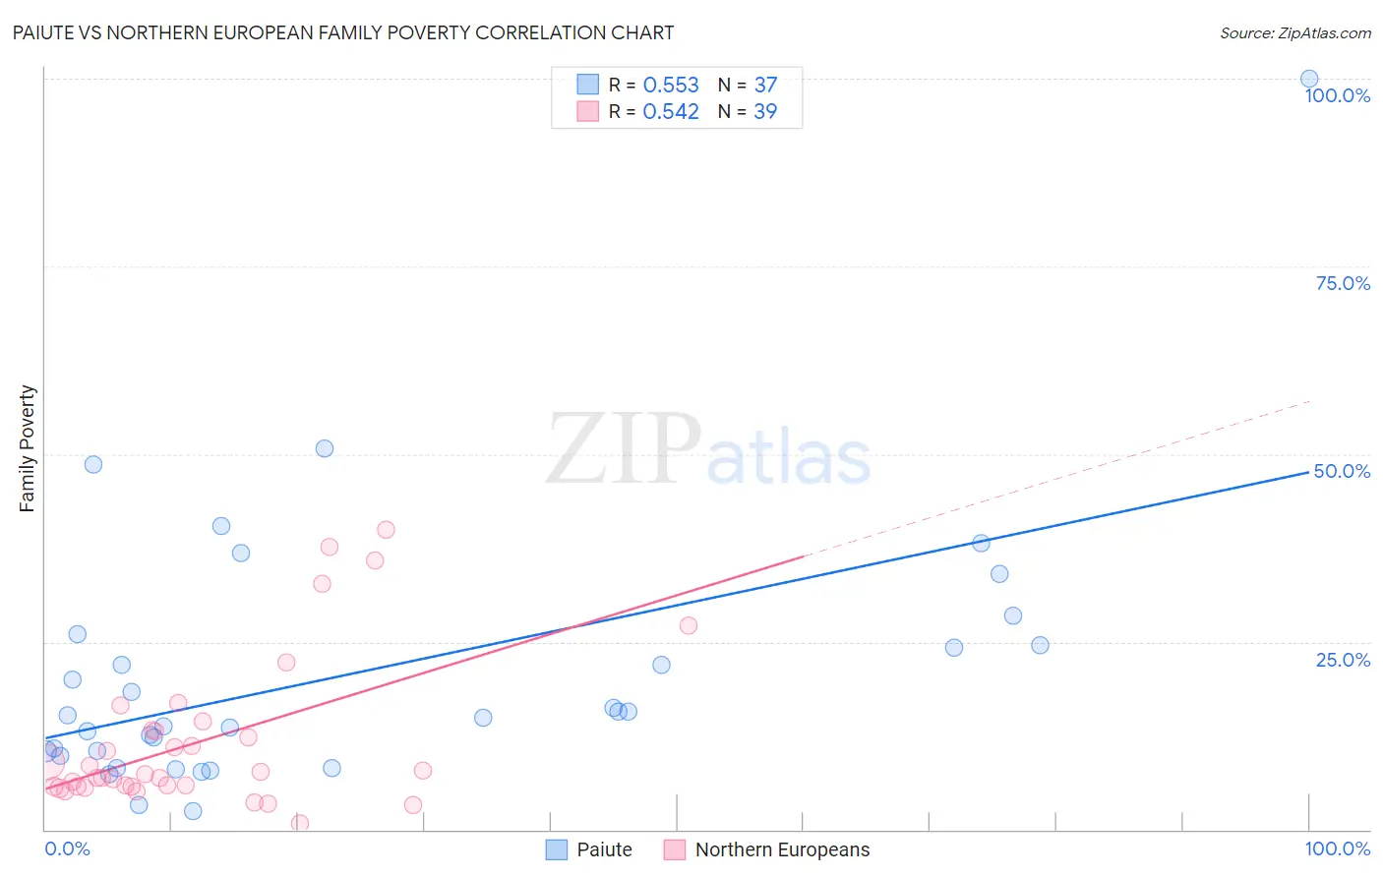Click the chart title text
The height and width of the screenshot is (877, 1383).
coord(343,32)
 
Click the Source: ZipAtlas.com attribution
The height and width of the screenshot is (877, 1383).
coord(1294,32)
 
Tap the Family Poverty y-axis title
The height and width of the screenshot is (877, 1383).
coord(28,448)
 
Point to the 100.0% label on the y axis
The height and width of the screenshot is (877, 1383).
coord(1337,95)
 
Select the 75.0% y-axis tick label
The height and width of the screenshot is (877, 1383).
coord(1343,283)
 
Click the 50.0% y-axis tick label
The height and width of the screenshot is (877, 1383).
coord(1342,471)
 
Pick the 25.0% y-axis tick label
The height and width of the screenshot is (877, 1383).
coord(1343,660)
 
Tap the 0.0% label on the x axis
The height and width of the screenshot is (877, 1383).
coord(67,848)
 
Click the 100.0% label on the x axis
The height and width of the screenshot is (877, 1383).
coord(1337,848)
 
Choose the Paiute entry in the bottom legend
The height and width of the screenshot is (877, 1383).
coord(603,849)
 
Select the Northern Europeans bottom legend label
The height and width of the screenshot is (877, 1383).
coord(782,849)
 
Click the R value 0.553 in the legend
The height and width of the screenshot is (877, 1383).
coord(671,86)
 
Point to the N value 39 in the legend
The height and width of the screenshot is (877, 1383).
coord(765,112)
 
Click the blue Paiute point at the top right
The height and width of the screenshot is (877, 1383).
coord(1309,79)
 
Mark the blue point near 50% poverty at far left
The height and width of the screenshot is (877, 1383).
coord(93,464)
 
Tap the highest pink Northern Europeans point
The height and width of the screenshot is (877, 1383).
coord(386,530)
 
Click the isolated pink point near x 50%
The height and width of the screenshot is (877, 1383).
coord(689,625)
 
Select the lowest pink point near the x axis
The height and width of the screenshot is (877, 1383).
coord(300,823)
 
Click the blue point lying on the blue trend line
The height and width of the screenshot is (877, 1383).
coord(981,543)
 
